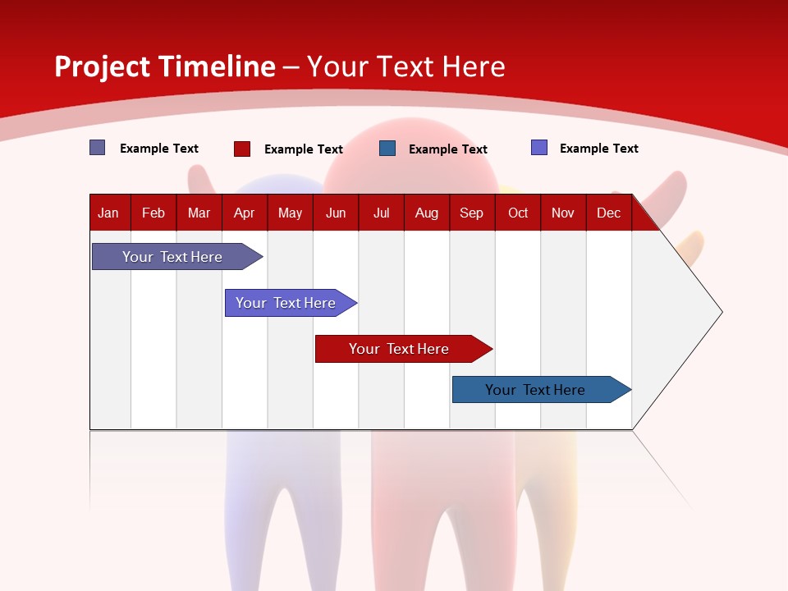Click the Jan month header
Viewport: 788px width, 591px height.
tap(108, 213)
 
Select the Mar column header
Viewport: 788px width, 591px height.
tap(199, 213)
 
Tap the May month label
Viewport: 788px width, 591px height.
tap(290, 213)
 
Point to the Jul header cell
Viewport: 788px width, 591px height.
tap(381, 213)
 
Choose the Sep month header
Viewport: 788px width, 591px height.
tap(471, 213)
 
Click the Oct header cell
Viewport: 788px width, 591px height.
tap(518, 213)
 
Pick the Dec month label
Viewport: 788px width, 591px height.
tap(608, 213)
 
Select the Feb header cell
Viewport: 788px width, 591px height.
tap(153, 213)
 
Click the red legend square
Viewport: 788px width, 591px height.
tap(242, 149)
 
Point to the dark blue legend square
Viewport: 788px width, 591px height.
tap(387, 149)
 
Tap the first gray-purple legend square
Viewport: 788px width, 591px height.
tap(98, 148)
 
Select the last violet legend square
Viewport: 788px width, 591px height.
tap(539, 148)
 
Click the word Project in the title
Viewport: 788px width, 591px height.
tap(101, 66)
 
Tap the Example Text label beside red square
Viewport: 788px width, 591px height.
tap(304, 149)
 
